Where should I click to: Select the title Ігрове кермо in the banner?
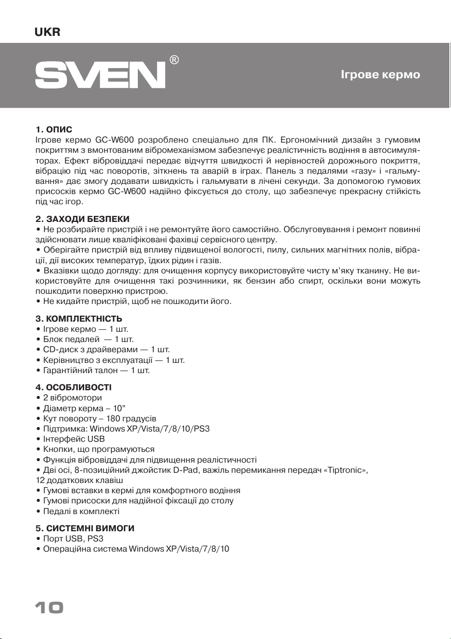tap(380, 75)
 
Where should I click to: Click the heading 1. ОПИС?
tap(54, 129)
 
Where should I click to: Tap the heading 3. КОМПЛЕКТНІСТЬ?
tap(80, 318)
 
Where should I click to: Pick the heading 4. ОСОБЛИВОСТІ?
tap(73, 387)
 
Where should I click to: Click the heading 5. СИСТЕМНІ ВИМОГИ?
tap(84, 528)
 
